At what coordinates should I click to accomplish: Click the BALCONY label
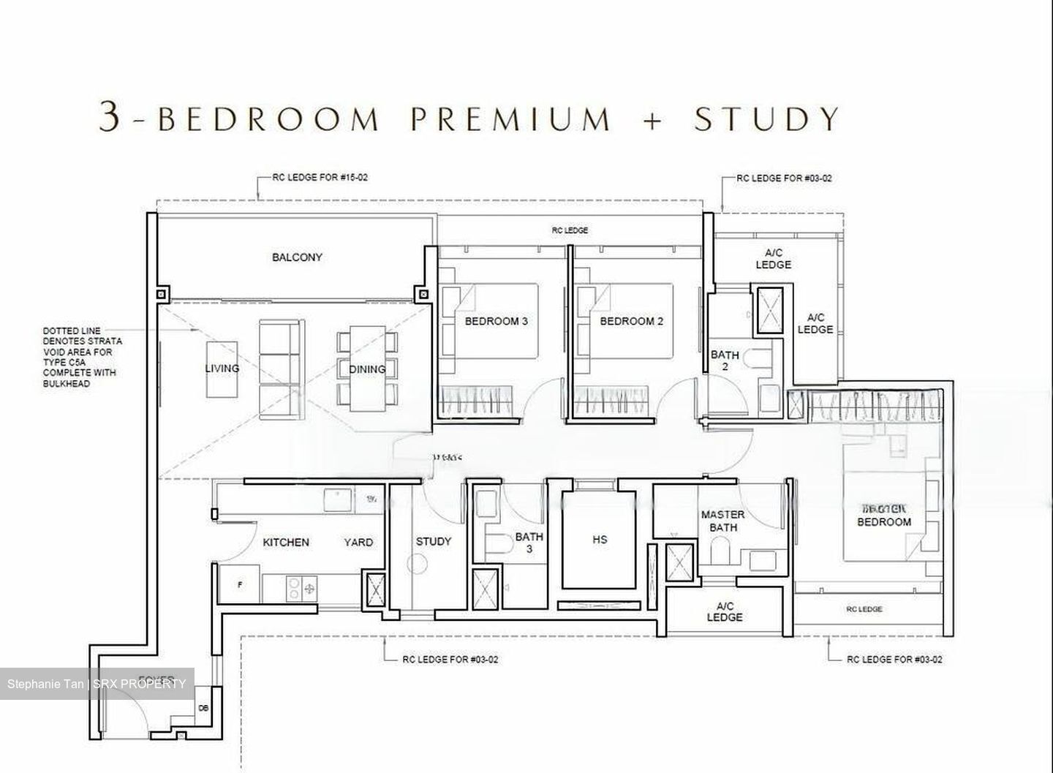coord(297,257)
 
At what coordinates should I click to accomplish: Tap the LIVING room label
coord(222,368)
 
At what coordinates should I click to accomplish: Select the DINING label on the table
coord(367,369)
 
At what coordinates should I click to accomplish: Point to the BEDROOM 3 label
coord(496,321)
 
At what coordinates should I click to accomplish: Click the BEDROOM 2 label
coord(631,321)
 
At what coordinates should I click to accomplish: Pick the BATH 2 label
coord(725,361)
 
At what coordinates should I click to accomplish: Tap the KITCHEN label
coord(286,542)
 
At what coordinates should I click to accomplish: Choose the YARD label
coord(358,542)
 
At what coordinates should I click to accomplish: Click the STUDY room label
coord(434,541)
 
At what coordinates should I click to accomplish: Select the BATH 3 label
coord(529,543)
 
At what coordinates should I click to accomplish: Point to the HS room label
coord(600,540)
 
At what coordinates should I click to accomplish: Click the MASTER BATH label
coord(722,521)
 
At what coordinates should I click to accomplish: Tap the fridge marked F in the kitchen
coord(240,585)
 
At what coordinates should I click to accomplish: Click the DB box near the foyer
coord(203,708)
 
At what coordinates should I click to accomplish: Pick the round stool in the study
coord(417,564)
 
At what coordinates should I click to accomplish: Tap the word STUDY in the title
coord(767,119)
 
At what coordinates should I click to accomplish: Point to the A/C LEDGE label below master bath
coord(725,611)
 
